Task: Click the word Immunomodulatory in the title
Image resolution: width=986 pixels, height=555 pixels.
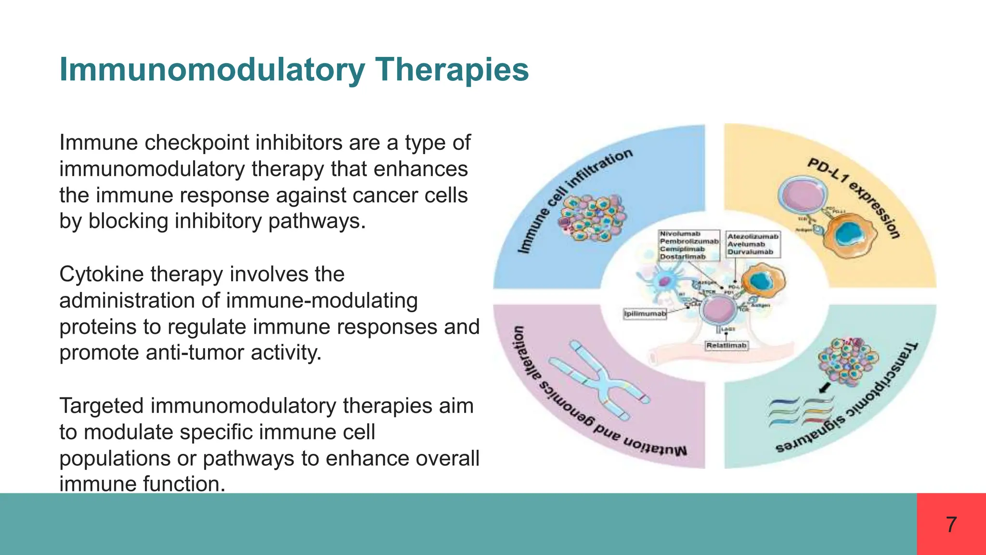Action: (x=212, y=70)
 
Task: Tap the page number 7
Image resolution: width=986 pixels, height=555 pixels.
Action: (x=951, y=525)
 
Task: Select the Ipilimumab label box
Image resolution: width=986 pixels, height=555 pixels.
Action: (x=645, y=314)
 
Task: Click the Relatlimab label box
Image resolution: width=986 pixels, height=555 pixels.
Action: (x=727, y=345)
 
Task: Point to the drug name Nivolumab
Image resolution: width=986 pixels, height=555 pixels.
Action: (x=680, y=234)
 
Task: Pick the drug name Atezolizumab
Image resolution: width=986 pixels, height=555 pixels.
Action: (x=752, y=237)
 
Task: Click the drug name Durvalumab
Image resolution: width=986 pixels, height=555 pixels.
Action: (x=750, y=252)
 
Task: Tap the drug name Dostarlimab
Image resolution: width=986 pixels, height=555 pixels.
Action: (x=682, y=257)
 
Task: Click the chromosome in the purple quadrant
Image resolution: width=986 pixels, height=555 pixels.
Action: (x=599, y=381)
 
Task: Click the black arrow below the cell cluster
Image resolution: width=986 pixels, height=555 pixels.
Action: (x=825, y=387)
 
